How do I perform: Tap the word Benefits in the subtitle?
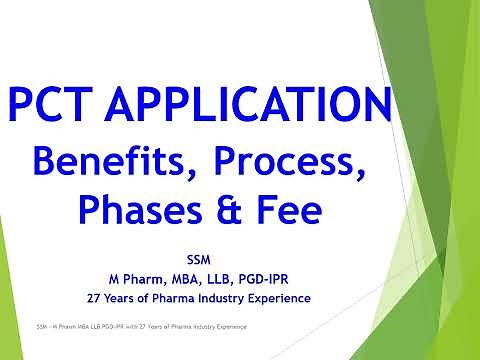point(127,160)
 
